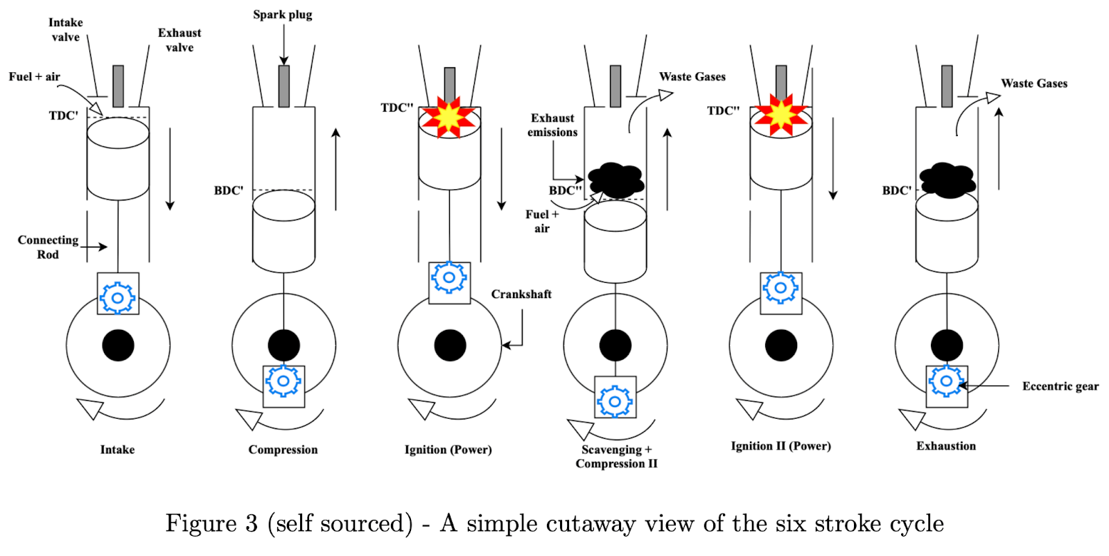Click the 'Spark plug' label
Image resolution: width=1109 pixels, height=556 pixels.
click(x=282, y=15)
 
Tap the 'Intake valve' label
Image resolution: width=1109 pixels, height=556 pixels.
click(x=66, y=30)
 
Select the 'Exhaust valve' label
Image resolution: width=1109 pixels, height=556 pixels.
click(x=180, y=40)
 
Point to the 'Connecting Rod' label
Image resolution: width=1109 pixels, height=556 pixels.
click(x=48, y=247)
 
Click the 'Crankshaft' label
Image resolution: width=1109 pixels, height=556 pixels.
click(x=521, y=294)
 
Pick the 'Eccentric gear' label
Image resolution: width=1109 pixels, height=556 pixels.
click(x=1060, y=386)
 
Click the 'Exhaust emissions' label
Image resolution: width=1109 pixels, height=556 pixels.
click(x=552, y=125)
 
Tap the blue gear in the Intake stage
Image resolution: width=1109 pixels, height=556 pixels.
click(x=118, y=298)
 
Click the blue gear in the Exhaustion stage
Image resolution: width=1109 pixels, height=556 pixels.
click(x=946, y=381)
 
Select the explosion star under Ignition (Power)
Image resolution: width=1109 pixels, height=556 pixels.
click(x=449, y=117)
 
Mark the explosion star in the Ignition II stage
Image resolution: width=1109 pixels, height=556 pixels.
click(x=781, y=115)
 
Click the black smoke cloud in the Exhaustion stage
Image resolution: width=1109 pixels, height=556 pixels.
click(x=947, y=180)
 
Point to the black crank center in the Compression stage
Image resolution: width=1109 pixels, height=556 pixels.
click(x=283, y=345)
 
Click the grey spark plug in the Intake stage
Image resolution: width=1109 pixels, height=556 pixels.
click(x=119, y=86)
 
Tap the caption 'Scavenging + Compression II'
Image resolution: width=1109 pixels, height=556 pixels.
click(x=616, y=456)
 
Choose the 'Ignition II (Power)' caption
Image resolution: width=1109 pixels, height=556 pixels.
click(x=780, y=446)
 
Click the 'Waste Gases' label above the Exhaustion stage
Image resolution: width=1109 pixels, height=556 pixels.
click(x=1034, y=83)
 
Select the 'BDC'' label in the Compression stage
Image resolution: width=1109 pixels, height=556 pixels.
click(x=229, y=191)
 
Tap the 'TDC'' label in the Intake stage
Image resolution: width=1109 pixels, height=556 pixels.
click(x=63, y=116)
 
